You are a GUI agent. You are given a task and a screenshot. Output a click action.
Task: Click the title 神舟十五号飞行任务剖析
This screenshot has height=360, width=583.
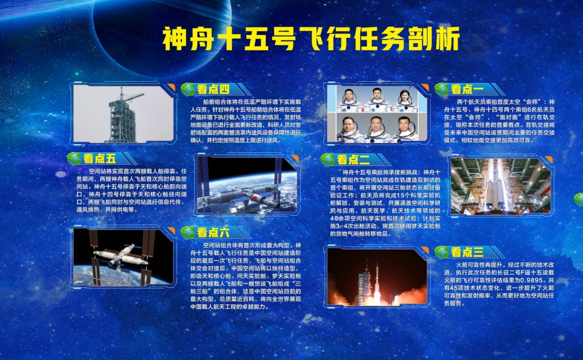(x=311, y=38)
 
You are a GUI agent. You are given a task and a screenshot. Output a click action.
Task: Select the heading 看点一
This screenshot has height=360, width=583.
(x=467, y=89)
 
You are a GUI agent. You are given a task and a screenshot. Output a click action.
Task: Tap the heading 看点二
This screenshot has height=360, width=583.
(x=353, y=159)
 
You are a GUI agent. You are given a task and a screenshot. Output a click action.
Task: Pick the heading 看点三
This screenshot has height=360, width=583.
(x=467, y=252)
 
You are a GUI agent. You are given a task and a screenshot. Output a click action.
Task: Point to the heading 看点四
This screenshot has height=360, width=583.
(x=213, y=89)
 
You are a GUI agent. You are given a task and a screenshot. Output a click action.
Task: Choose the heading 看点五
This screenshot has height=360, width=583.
(x=99, y=159)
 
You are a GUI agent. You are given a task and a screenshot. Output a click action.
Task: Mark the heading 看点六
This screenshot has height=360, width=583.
(x=213, y=233)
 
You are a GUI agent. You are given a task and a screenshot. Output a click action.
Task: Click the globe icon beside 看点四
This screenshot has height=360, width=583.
(x=188, y=89)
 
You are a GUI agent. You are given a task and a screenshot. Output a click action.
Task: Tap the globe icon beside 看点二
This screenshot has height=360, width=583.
(x=328, y=159)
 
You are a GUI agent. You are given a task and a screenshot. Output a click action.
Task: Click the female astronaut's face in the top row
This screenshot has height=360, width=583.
(x=405, y=96)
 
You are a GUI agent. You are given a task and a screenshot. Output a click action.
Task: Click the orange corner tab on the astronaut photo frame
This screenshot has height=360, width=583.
(x=425, y=87)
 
